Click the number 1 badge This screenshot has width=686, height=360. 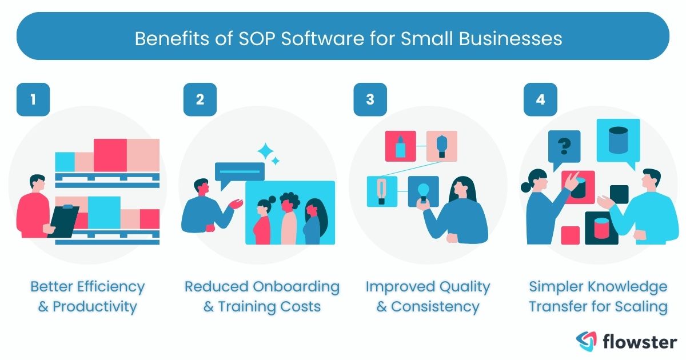pos(33,99)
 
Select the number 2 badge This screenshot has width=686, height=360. pos(200,99)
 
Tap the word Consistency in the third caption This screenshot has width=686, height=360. pos(436,306)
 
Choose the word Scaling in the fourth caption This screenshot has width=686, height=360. pos(640,306)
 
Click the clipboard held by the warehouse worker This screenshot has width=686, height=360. pos(65,220)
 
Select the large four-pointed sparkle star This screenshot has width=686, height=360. pos(266,152)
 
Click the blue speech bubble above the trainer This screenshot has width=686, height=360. pos(239,172)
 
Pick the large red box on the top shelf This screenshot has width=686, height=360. pos(110,154)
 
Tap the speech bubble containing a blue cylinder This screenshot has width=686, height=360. pos(618,141)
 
